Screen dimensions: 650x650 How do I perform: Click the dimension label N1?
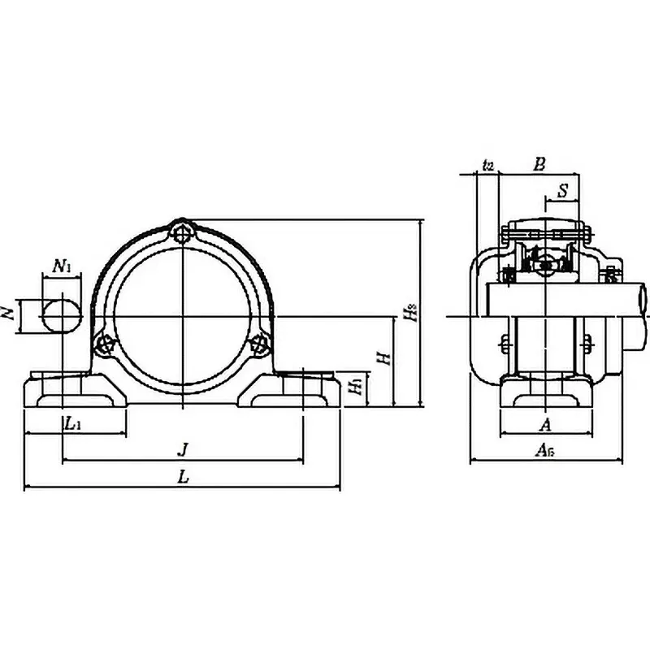(x=63, y=265)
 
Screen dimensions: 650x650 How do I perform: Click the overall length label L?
(x=184, y=478)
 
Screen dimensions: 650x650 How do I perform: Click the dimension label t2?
(x=487, y=165)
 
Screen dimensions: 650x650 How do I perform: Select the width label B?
(x=539, y=163)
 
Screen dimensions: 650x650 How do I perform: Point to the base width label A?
(x=545, y=423)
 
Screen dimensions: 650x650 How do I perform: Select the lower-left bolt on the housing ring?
(x=103, y=344)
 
